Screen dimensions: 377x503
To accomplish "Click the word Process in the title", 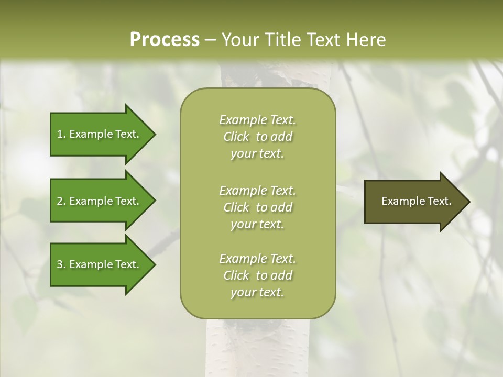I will click(165, 39).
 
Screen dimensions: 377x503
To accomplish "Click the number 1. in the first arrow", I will click(61, 134).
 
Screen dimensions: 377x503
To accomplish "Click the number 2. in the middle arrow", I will click(61, 201).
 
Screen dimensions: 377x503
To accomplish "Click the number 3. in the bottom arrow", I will click(61, 264).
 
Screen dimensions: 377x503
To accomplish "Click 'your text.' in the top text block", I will click(257, 154).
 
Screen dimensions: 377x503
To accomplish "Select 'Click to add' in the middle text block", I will click(257, 207).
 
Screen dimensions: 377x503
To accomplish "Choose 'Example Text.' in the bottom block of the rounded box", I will click(257, 259).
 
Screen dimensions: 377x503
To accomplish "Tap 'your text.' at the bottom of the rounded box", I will click(257, 293).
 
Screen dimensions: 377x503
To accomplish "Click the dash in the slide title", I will click(211, 40).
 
